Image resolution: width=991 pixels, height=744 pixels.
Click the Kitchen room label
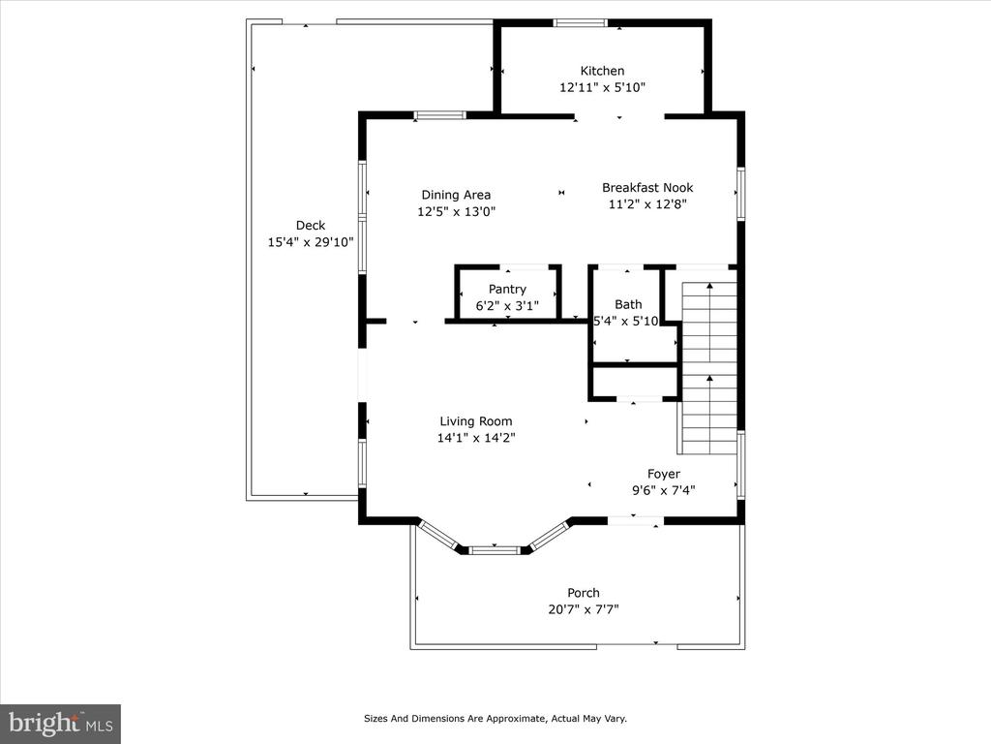click(602, 71)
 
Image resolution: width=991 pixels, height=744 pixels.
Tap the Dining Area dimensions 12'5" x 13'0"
click(457, 211)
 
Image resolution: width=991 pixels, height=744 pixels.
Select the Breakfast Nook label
click(647, 187)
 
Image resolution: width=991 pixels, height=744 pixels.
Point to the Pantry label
click(507, 290)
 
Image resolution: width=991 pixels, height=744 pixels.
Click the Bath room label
click(628, 304)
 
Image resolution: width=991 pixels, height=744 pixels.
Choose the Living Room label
click(476, 421)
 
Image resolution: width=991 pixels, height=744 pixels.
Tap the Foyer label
click(664, 474)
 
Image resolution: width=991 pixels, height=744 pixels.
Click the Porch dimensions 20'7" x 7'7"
click(584, 609)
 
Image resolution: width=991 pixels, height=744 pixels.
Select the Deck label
click(311, 225)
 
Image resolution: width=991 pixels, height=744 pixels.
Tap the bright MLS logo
click(61, 723)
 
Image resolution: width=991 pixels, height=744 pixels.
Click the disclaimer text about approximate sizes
click(495, 718)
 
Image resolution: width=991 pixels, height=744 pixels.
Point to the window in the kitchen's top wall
click(581, 23)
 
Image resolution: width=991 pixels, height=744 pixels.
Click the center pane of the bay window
click(495, 550)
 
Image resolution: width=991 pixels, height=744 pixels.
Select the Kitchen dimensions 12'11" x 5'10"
click(602, 87)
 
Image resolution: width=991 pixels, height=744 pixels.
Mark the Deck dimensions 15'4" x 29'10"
click(311, 241)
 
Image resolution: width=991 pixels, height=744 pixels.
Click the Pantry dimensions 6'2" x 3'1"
click(507, 306)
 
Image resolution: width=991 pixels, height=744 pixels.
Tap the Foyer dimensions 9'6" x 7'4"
click(664, 490)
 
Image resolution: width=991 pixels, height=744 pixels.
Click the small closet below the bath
click(635, 382)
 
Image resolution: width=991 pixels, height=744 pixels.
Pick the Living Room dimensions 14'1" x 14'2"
click(476, 438)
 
